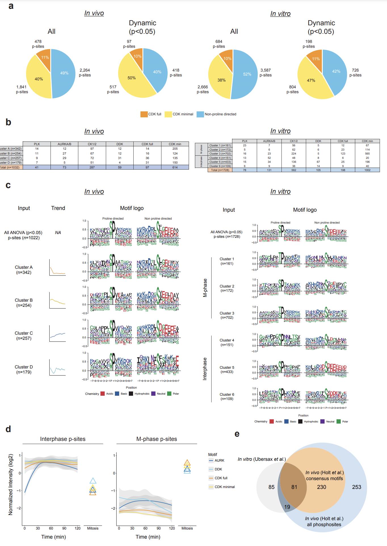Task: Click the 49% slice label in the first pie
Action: (64, 73)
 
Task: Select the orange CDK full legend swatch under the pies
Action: (144, 114)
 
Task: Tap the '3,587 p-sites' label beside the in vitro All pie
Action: (266, 73)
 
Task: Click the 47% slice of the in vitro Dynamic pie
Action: (311, 80)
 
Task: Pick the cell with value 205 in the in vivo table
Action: (175, 149)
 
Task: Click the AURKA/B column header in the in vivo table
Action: (64, 144)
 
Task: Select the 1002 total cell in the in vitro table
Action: (367, 170)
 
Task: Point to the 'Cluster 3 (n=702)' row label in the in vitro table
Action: (220, 153)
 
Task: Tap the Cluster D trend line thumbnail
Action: (58, 368)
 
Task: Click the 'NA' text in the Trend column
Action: (58, 233)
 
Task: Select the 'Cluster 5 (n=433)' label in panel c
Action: (227, 370)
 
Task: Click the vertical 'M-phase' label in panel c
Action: (205, 288)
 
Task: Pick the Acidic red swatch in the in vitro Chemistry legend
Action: (272, 422)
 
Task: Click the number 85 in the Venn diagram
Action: (272, 487)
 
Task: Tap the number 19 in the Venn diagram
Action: (287, 507)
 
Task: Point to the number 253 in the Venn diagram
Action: (356, 487)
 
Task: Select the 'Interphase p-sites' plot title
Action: (63, 439)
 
